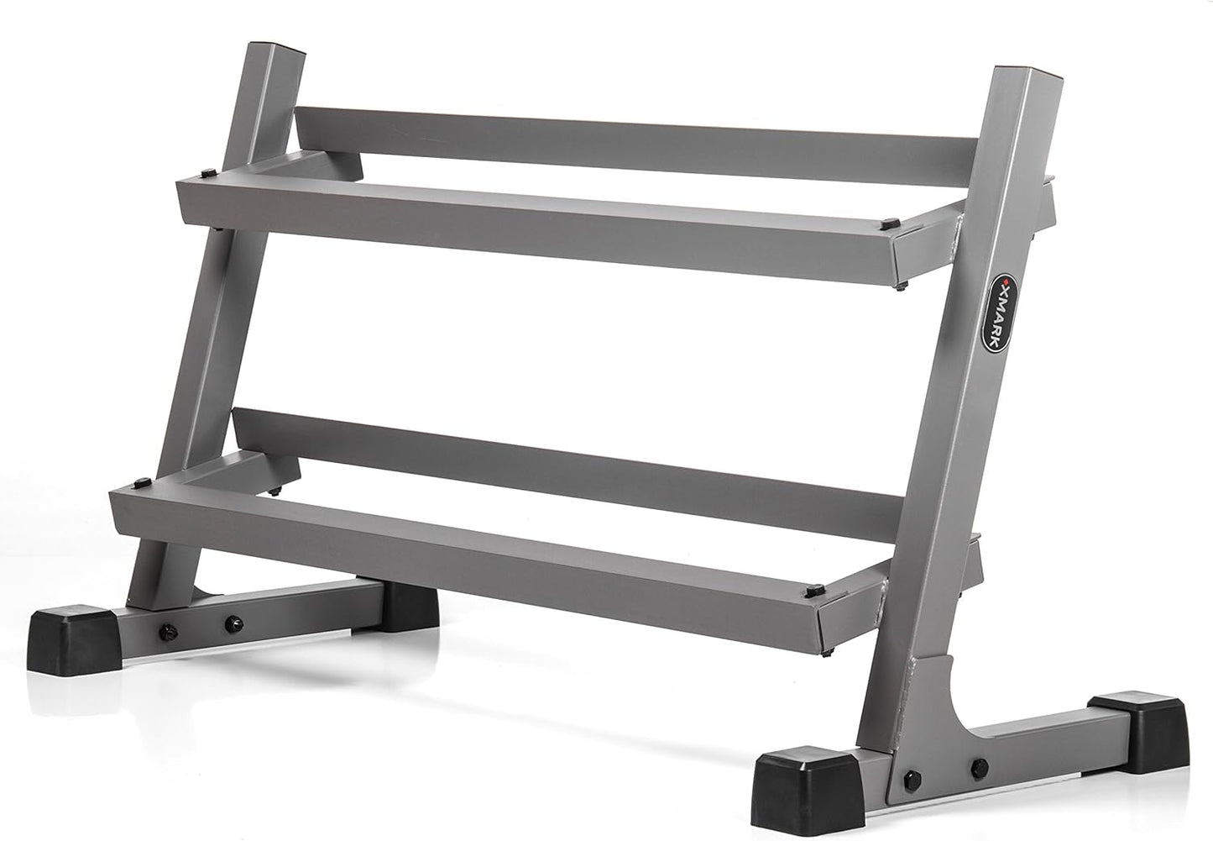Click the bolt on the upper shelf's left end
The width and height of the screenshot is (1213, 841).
(208, 173)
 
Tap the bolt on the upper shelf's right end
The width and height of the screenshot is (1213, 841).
(890, 223)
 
